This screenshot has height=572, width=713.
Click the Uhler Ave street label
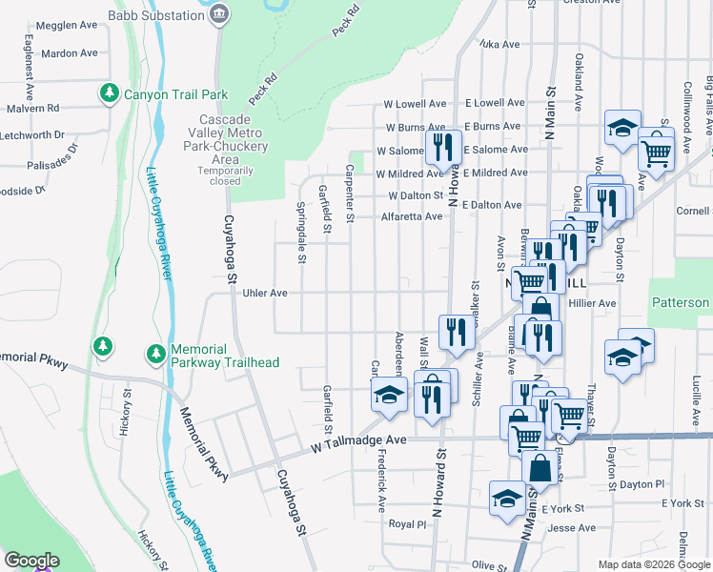click(x=265, y=294)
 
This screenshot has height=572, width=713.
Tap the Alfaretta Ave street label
click(x=412, y=216)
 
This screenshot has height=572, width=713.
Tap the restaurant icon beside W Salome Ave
click(x=439, y=146)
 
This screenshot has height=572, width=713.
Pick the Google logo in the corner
click(x=31, y=561)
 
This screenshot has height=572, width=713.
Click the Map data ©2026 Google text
click(x=654, y=564)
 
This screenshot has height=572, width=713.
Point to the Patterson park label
click(x=681, y=303)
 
